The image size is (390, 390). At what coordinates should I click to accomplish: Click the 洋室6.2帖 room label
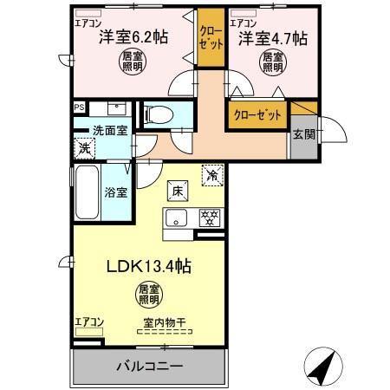(133, 37)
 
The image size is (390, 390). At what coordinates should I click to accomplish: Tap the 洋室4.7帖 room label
(273, 37)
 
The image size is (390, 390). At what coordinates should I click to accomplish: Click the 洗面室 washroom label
(111, 130)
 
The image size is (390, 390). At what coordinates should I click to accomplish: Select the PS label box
(79, 107)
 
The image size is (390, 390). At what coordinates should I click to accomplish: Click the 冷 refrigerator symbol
(212, 173)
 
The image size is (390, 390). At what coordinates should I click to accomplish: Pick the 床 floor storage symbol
(175, 191)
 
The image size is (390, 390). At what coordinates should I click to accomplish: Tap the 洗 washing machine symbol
(85, 147)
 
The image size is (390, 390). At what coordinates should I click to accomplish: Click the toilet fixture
(160, 115)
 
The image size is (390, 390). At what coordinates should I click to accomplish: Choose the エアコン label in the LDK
(88, 322)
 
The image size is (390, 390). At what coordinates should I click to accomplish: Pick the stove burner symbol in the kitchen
(209, 218)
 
